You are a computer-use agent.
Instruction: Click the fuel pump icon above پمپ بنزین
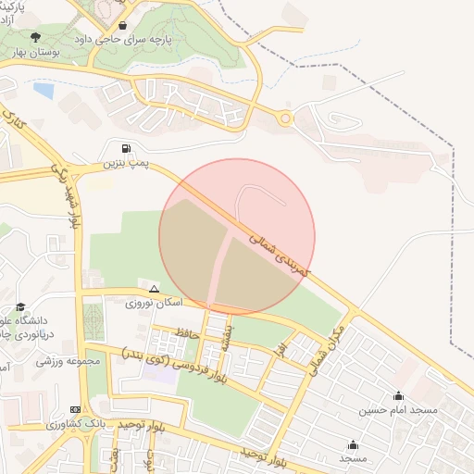click(125, 148)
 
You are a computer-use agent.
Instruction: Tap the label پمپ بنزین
click(126, 164)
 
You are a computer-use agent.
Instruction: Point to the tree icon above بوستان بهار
click(35, 38)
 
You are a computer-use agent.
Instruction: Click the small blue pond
click(44, 90)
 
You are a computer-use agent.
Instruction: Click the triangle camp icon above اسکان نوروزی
click(154, 289)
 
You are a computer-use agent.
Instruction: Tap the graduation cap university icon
click(20, 306)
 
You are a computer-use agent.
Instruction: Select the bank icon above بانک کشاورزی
click(75, 409)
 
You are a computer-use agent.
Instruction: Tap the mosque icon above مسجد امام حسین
click(398, 395)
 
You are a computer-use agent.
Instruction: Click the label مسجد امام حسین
click(398, 408)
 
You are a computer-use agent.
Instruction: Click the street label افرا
click(280, 351)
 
